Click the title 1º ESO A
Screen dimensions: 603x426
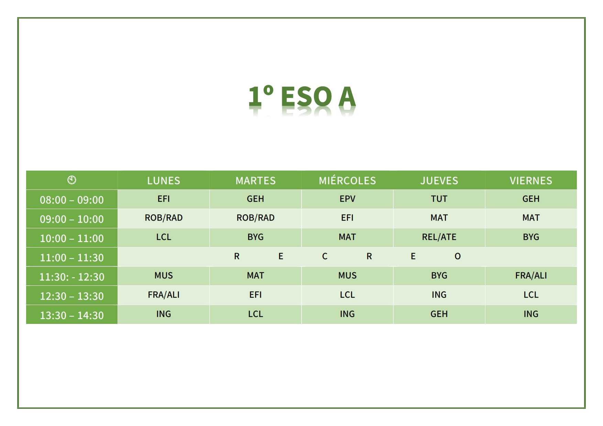tap(302, 96)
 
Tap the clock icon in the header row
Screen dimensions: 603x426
tap(72, 180)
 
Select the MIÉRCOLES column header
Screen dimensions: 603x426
tap(347, 180)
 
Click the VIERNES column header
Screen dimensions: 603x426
tap(531, 181)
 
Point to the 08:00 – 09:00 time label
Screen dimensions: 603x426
tap(72, 200)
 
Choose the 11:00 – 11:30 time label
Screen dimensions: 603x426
tap(72, 258)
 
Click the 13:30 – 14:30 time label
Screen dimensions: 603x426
tap(72, 315)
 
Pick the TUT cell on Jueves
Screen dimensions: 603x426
tap(439, 199)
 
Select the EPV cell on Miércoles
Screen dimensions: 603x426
tap(347, 199)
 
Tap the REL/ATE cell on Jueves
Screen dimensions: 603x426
tap(439, 237)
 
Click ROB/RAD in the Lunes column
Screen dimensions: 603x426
tap(164, 218)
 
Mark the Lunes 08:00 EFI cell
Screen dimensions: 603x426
tap(164, 199)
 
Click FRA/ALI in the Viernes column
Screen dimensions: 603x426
tap(531, 275)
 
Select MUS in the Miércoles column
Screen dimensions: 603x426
tap(347, 275)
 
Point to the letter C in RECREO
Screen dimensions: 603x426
tap(325, 256)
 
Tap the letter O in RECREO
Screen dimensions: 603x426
tap(458, 256)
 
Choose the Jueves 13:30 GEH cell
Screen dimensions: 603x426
tap(439, 314)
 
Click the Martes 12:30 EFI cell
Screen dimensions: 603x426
tap(255, 295)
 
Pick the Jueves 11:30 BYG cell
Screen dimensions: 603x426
tap(439, 275)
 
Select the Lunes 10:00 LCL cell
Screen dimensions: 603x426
tap(164, 237)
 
